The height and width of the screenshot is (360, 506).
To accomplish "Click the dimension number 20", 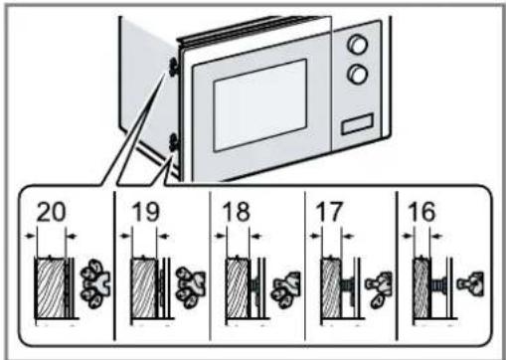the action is click(51, 212).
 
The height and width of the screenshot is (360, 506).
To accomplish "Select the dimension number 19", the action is click(145, 212).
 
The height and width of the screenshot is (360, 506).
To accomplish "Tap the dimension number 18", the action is click(237, 212).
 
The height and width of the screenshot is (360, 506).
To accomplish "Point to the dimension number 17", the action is click(329, 212).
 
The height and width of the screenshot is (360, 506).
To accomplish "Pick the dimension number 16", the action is click(422, 212).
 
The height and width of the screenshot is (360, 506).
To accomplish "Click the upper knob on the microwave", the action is click(357, 44).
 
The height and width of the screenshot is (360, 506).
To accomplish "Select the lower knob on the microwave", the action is click(357, 74).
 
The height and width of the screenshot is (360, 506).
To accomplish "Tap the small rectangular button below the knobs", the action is click(357, 123).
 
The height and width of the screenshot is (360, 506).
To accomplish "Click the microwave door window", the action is click(259, 104).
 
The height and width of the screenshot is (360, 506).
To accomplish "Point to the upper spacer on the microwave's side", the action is click(173, 67).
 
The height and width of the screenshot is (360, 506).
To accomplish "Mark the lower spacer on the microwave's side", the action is click(173, 142).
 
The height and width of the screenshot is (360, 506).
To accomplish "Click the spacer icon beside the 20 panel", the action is click(95, 283).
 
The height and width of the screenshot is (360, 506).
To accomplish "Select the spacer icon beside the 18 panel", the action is click(285, 290).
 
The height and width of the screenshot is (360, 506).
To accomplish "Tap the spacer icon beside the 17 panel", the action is click(379, 289).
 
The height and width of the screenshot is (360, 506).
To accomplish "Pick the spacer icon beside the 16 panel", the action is click(470, 283).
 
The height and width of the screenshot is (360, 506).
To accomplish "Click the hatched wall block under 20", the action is click(51, 287).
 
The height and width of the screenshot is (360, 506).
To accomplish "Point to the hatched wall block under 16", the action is click(422, 287).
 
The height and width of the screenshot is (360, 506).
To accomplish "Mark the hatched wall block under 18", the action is click(238, 287).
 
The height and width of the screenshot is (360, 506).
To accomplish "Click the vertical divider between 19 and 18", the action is click(210, 266).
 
